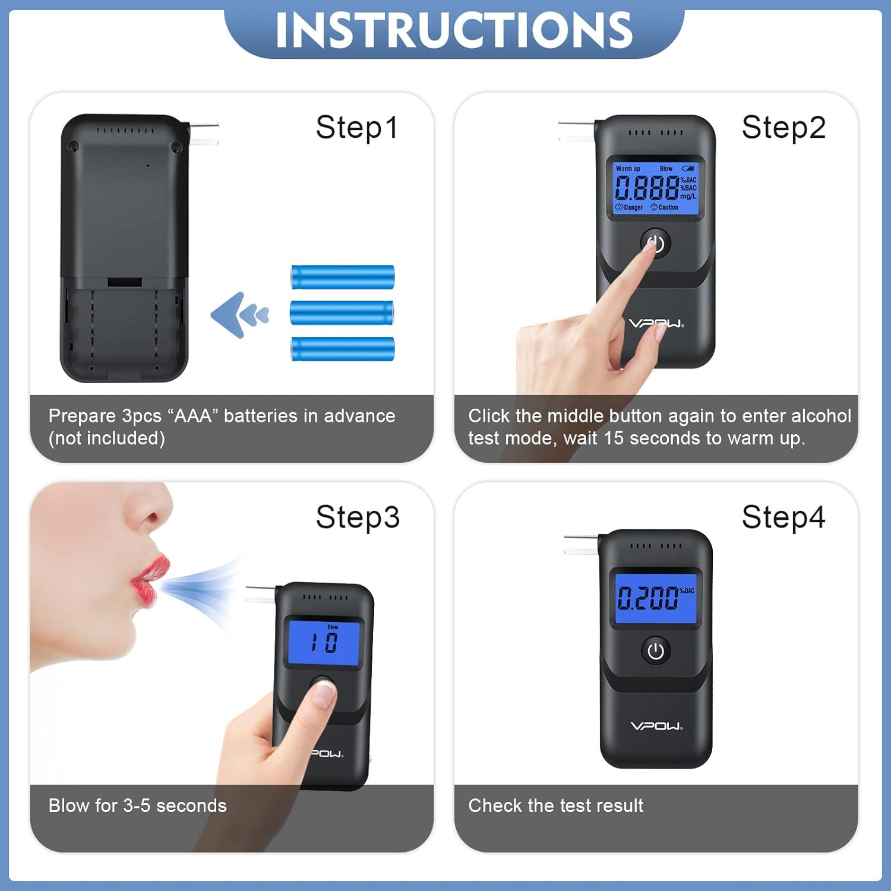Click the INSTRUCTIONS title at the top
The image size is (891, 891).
454,30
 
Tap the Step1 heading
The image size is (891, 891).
356,128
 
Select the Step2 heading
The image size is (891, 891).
783,128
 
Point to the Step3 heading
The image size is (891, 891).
358,517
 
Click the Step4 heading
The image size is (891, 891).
783,517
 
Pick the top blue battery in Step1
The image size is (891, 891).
343,277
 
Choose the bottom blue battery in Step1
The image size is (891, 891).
343,349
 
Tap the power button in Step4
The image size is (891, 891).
656,652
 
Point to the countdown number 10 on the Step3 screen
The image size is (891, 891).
324,643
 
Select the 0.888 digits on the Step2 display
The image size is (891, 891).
646,188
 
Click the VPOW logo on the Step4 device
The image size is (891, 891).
656,726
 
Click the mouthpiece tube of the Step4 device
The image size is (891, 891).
580,545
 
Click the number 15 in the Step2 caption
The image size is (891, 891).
614,438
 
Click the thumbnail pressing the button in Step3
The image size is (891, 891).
324,694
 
